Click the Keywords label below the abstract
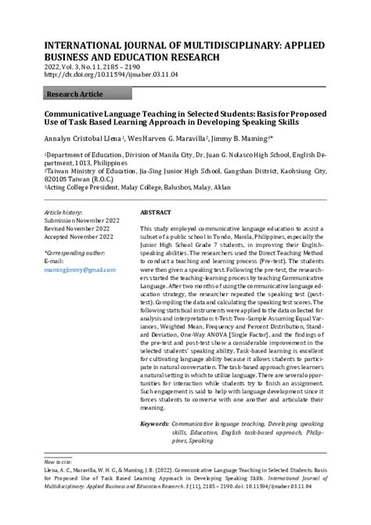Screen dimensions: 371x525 coord(153,423)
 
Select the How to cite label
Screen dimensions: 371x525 coord(57,462)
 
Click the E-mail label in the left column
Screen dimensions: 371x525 coord(54,261)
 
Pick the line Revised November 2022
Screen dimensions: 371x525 coord(77,229)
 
